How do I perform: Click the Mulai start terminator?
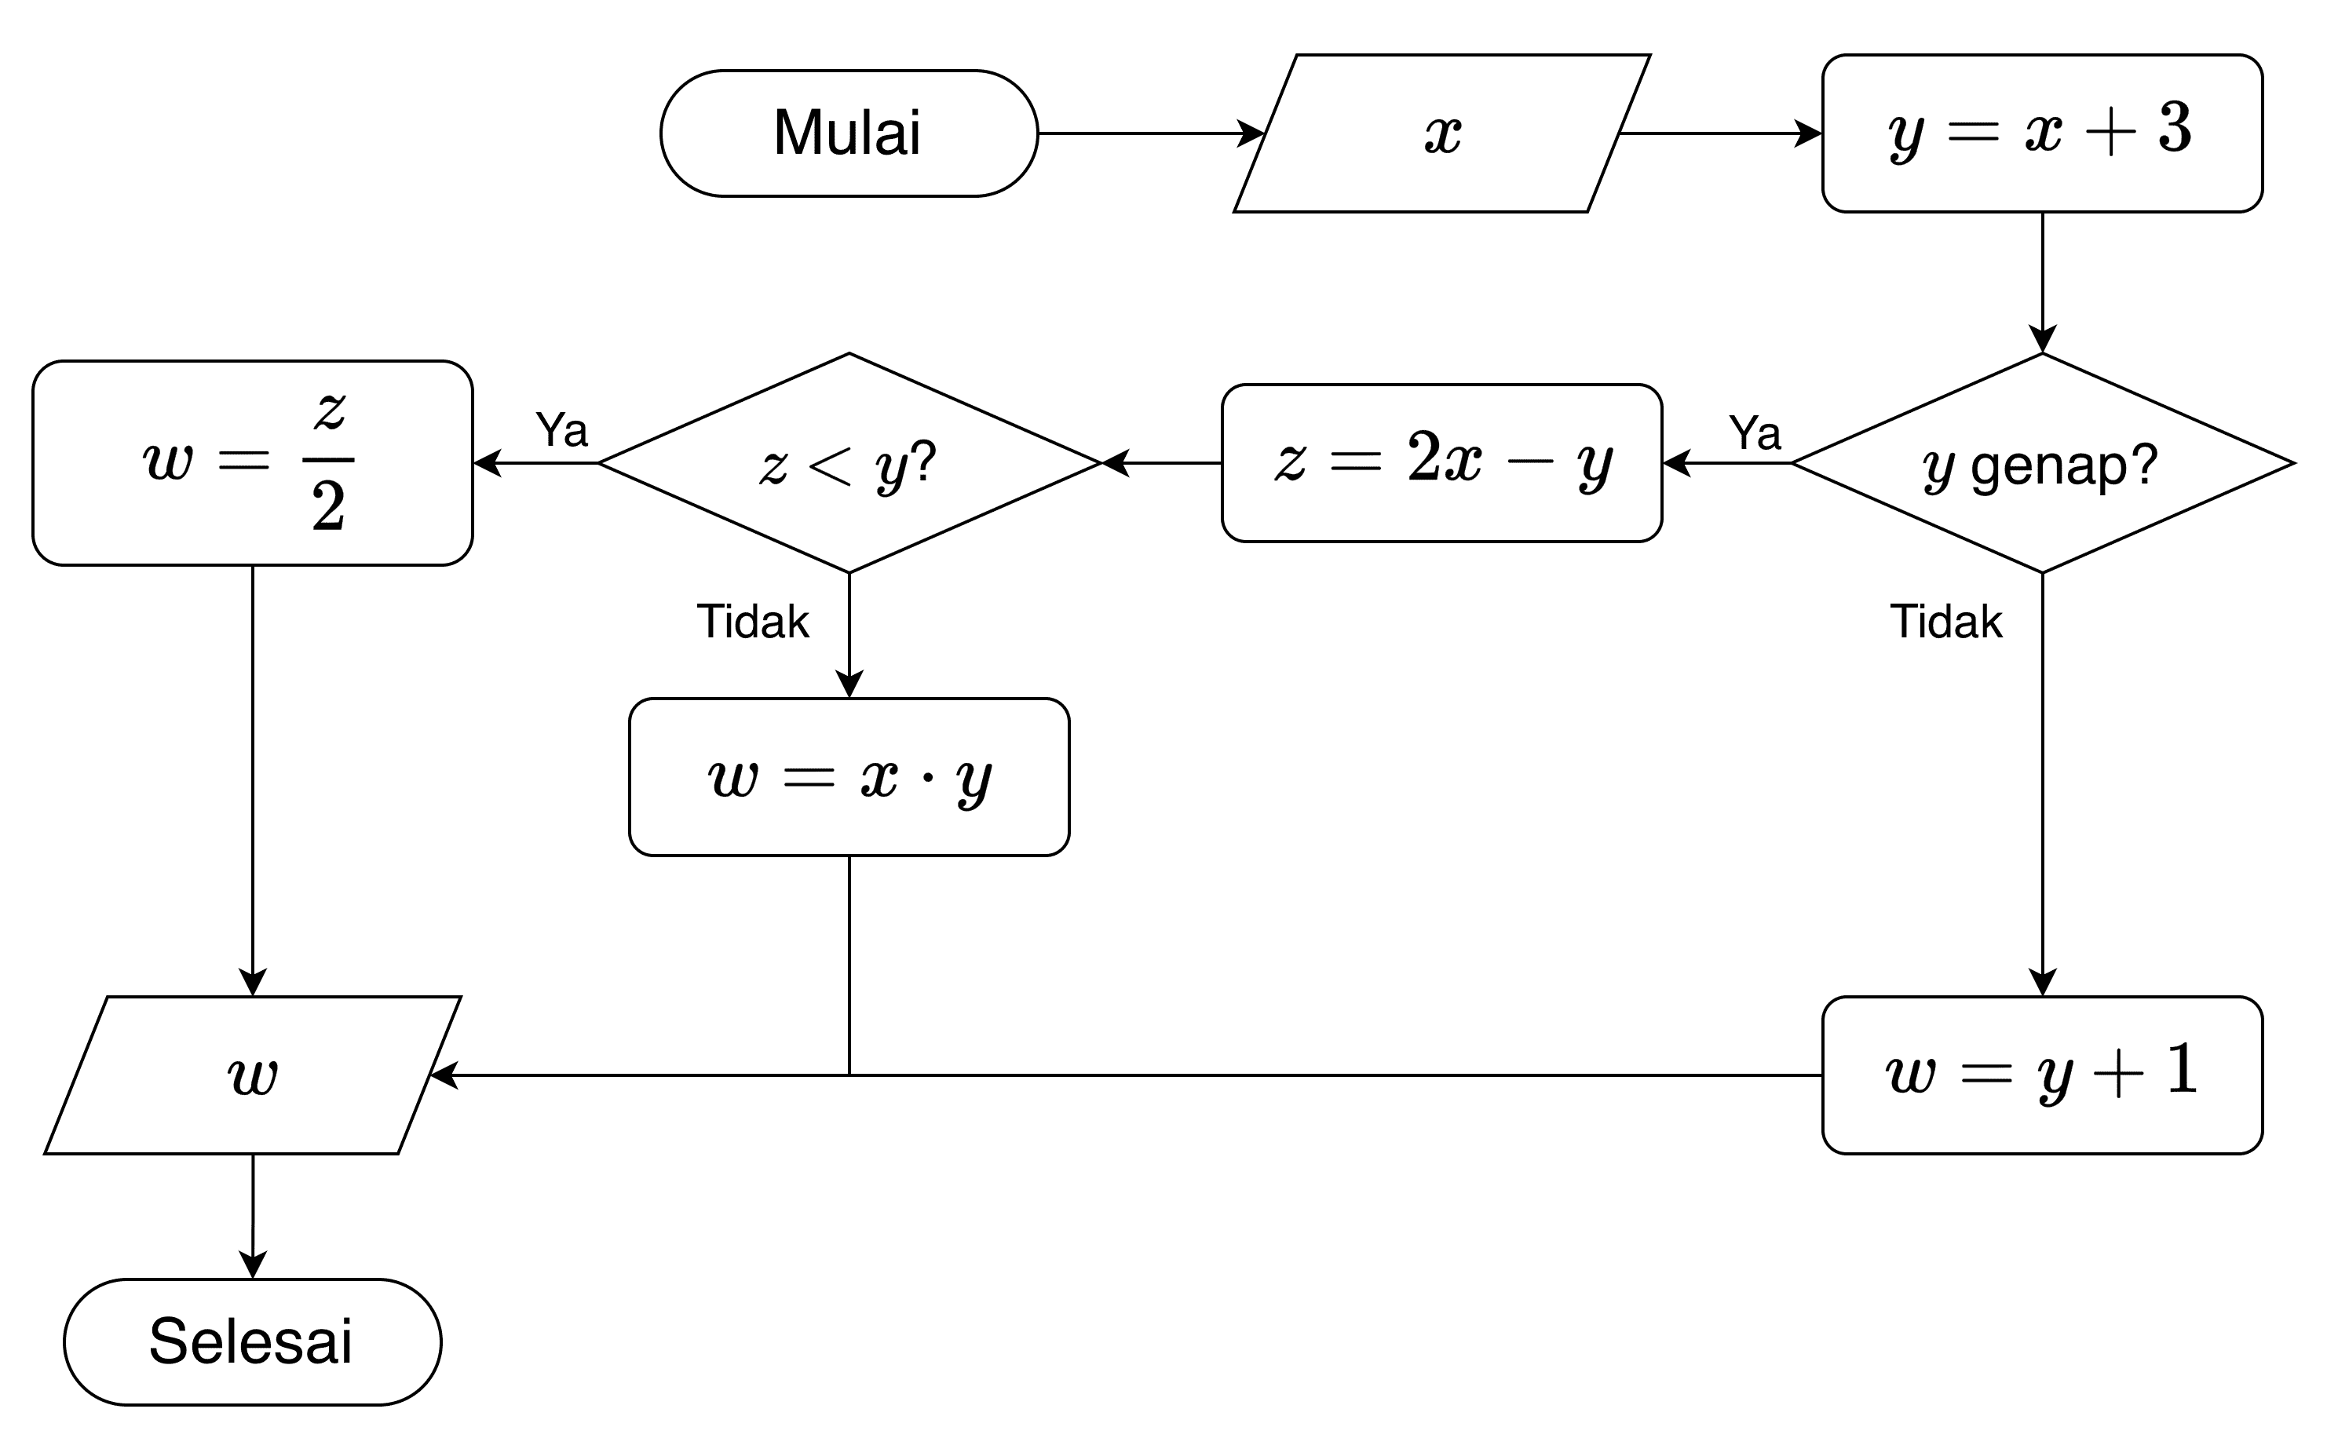848,133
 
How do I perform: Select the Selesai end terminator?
252,1341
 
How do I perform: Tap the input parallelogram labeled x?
1441,133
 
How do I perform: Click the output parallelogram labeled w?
252,1075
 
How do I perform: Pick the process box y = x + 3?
2042,133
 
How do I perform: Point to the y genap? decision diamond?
2042,463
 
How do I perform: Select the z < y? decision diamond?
848,463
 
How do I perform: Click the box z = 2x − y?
1441,463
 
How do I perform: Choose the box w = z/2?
252,463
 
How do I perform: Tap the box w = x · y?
848,777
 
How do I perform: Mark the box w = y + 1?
2042,1075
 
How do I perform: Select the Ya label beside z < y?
561,430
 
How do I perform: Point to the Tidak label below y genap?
1945,622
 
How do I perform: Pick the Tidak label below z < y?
752,622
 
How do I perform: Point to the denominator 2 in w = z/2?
328,507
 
